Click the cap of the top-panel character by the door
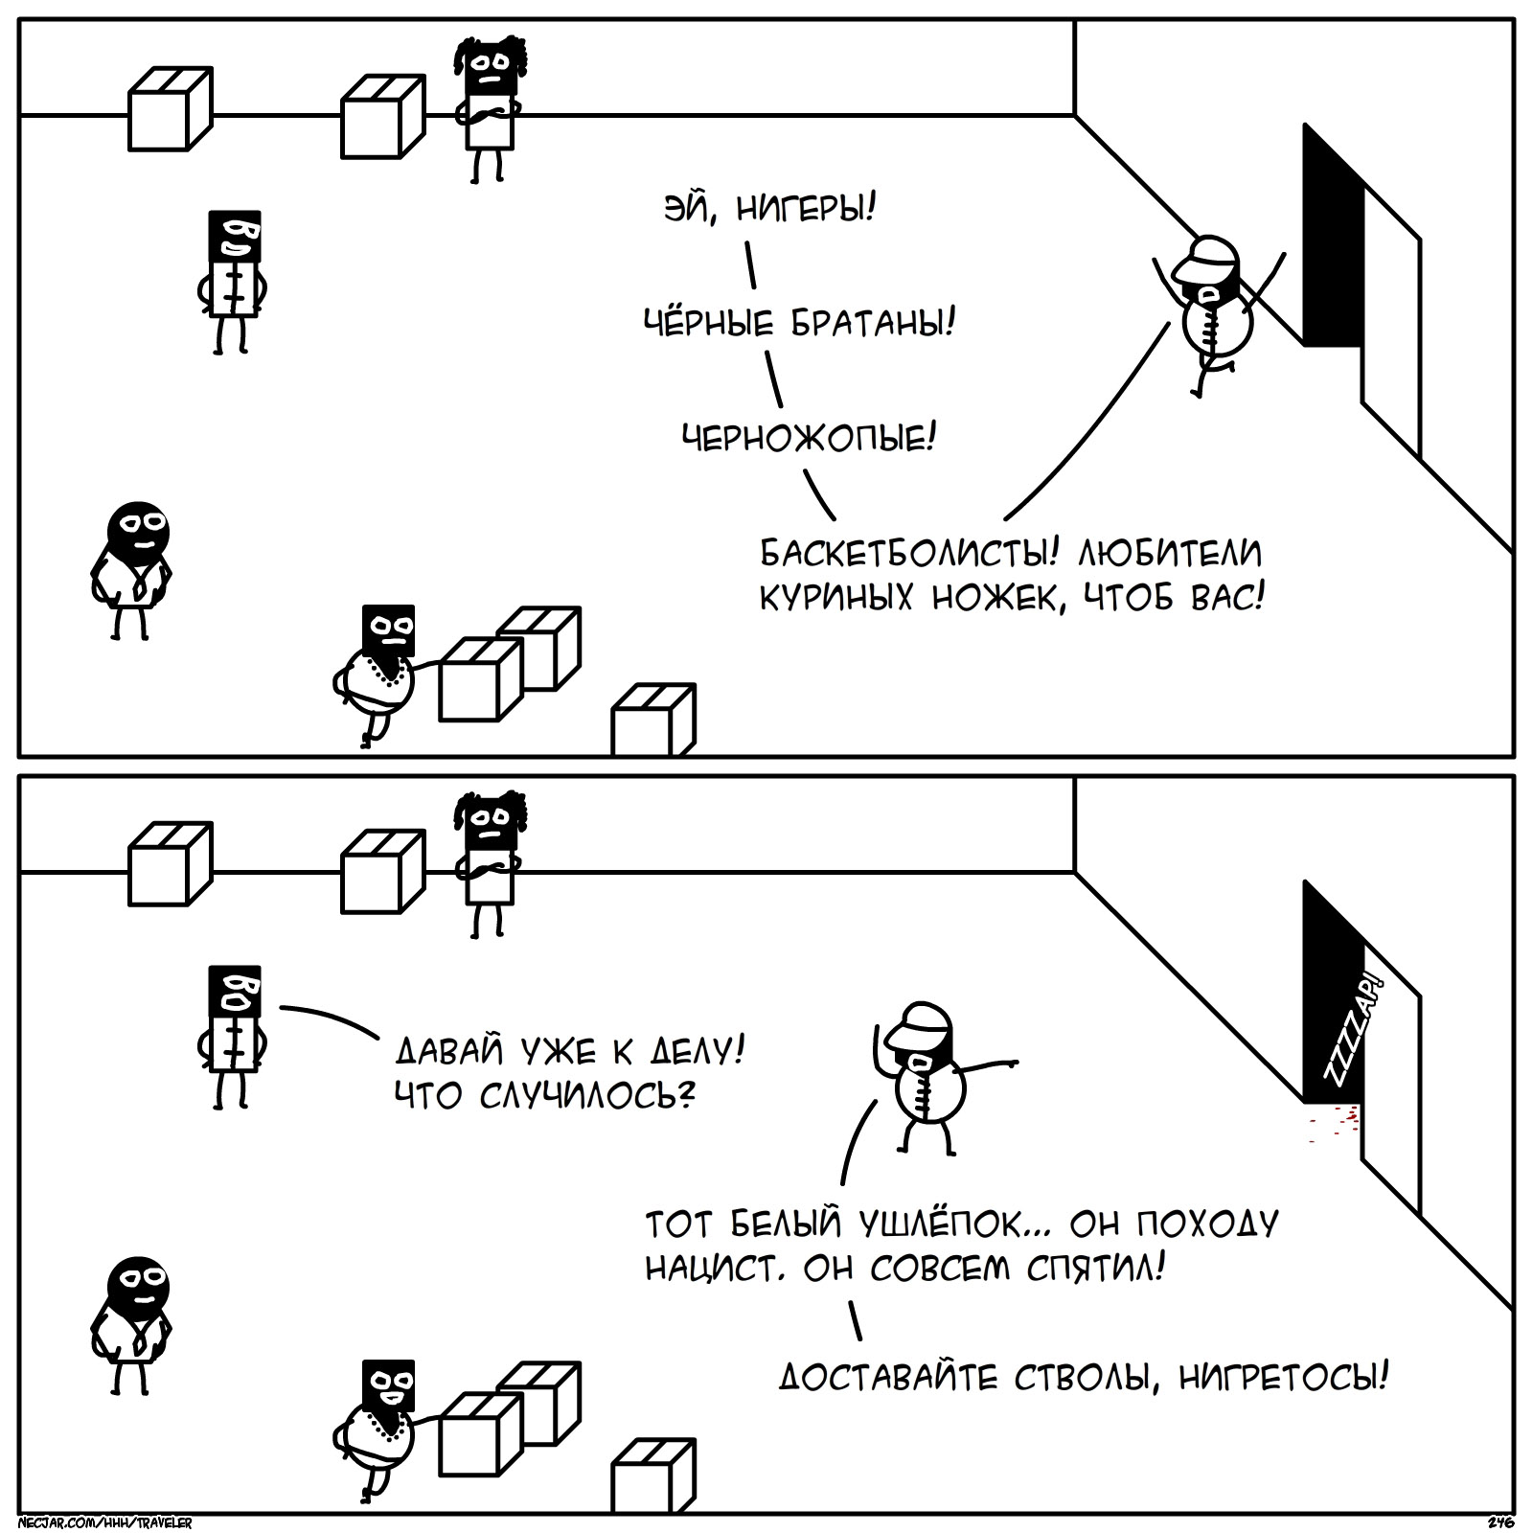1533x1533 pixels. pos(1208,254)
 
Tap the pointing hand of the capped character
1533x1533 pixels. pos(1007,1062)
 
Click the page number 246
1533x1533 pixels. pos(1499,1522)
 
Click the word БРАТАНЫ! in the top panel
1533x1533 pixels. pos(871,324)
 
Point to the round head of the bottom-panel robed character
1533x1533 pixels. pos(139,1287)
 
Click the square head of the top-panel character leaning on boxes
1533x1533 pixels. pos(389,630)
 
